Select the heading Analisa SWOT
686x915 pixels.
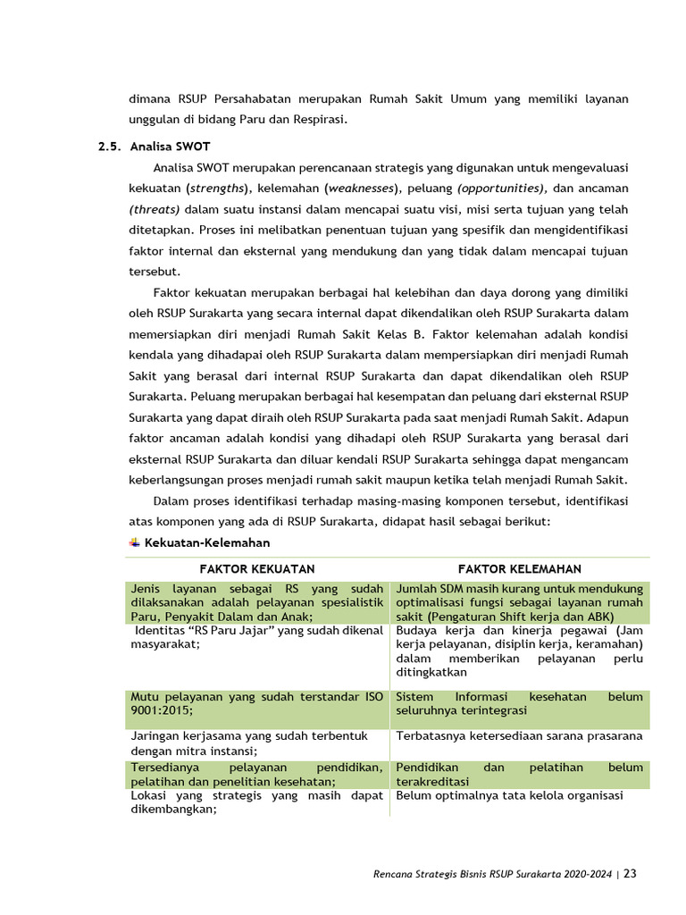click(170, 145)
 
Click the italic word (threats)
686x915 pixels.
click(155, 208)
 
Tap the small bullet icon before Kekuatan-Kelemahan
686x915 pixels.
click(135, 542)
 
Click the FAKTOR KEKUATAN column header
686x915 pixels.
click(256, 569)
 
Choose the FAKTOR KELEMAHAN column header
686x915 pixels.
click(519, 569)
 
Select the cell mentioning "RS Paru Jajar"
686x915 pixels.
click(256, 637)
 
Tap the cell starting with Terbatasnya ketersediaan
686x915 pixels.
click(519, 736)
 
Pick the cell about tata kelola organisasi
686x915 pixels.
click(509, 796)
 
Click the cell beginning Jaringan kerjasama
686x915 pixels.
click(256, 743)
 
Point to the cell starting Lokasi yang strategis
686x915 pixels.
click(256, 802)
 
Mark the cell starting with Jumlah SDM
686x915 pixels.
click(519, 602)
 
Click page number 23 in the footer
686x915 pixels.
click(631, 874)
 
